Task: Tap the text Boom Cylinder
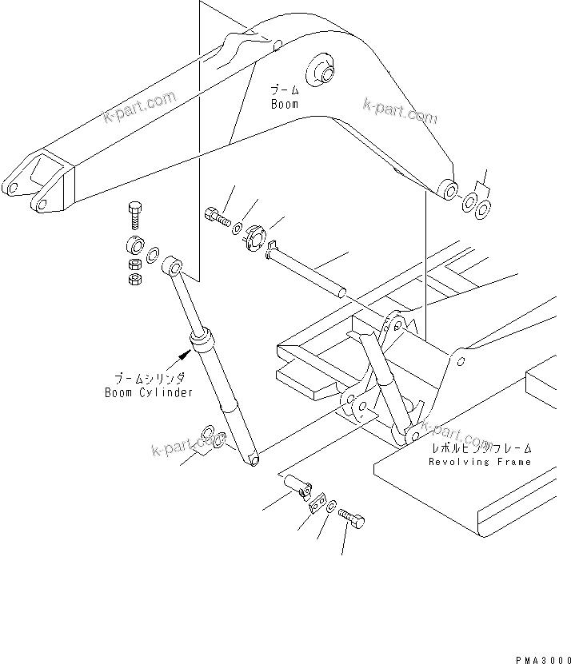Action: pos(149,392)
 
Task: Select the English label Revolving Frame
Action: pos(480,461)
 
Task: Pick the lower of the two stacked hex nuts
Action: pos(135,278)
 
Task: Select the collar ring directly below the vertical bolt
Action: pos(134,245)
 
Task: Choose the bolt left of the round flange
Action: pos(217,216)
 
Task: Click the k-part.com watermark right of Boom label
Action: pos(399,112)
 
